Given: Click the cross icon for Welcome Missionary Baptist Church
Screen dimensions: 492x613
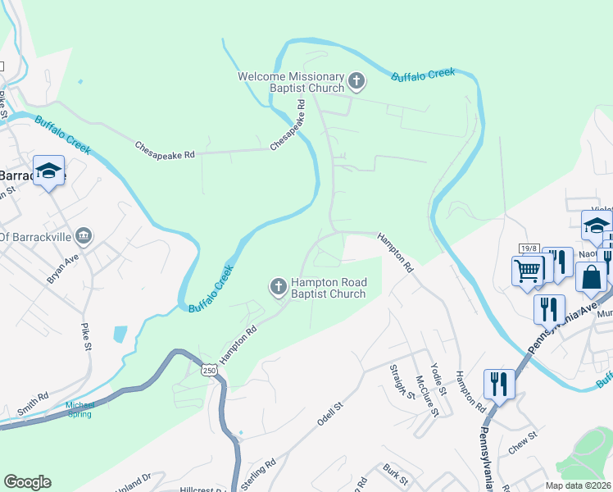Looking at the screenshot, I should click(356, 81).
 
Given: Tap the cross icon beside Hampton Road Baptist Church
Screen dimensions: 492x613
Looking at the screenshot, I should click(278, 287).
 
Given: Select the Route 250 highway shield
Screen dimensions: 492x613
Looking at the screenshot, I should click(211, 371).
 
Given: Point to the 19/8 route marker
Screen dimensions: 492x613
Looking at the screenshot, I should click(528, 248).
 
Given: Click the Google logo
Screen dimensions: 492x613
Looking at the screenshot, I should click(27, 482).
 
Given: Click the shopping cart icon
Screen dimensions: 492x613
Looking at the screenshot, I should click(527, 270).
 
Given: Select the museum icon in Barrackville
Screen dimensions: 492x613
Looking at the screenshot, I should click(83, 237).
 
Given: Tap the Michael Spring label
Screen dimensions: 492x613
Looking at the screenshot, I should click(80, 409).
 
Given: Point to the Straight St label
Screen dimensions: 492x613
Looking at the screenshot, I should click(402, 380).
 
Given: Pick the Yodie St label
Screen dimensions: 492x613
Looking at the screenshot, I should click(437, 376).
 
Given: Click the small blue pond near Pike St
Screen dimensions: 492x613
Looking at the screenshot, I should click(120, 334).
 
